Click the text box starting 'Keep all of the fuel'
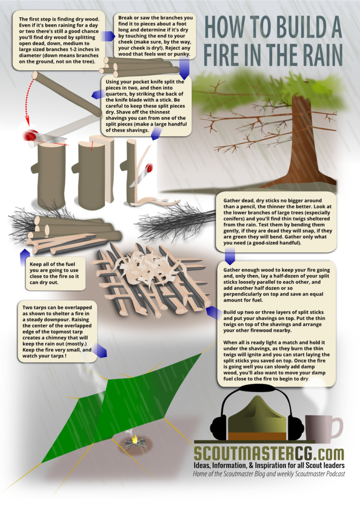click(55, 273)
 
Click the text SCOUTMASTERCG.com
click(269, 453)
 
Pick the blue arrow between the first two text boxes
click(108, 36)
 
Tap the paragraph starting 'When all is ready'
click(276, 361)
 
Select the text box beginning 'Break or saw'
click(155, 36)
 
